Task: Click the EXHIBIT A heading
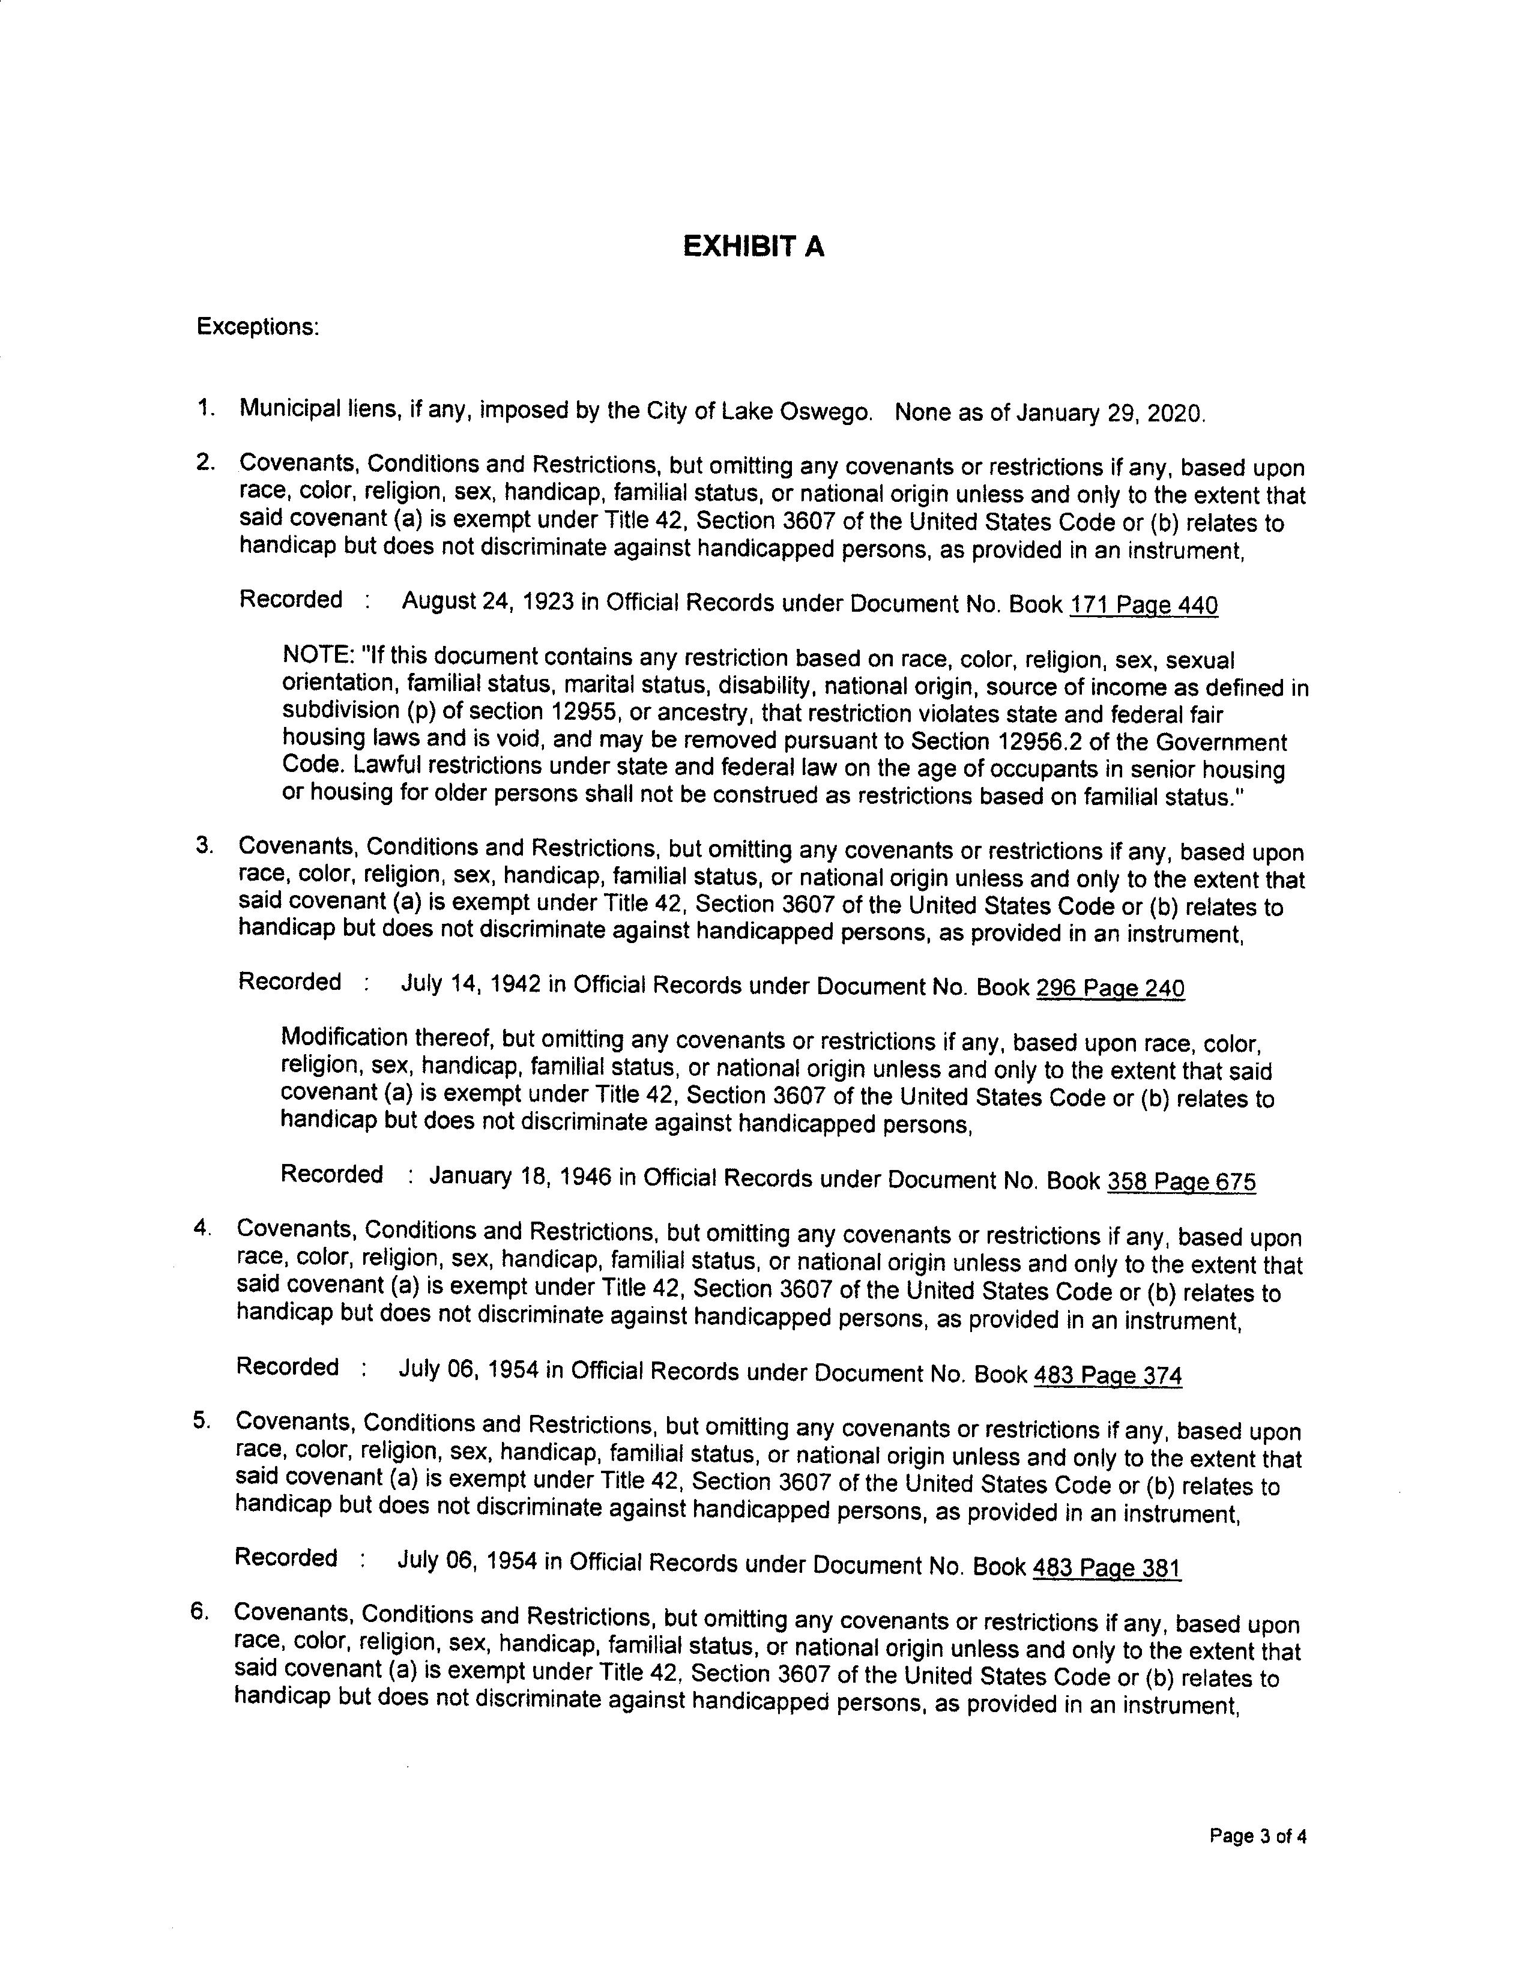(753, 247)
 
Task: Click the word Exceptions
(257, 327)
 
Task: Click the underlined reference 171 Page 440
(1144, 605)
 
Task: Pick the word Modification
(345, 1037)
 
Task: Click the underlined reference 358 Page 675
(1181, 1182)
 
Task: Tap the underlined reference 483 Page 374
(1108, 1376)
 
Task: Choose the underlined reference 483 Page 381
(1107, 1568)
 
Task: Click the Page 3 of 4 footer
(1257, 1838)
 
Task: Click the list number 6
(199, 1612)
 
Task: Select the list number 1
(205, 408)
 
